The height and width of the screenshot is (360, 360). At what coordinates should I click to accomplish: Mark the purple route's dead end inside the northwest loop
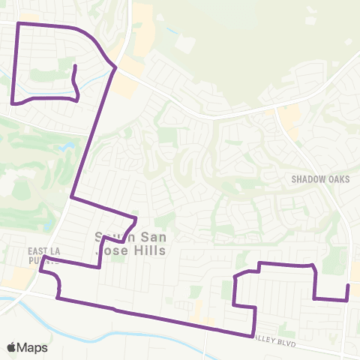pos(75,67)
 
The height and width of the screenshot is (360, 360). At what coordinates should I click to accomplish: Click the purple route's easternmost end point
pos(348,286)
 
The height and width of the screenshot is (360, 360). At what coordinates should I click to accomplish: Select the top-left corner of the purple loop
pos(17,24)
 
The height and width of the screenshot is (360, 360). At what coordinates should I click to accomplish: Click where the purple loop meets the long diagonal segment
pos(115,68)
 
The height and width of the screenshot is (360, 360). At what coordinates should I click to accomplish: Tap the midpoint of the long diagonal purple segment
pos(93,133)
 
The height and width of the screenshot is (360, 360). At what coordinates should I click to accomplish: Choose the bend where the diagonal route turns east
pos(71,198)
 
